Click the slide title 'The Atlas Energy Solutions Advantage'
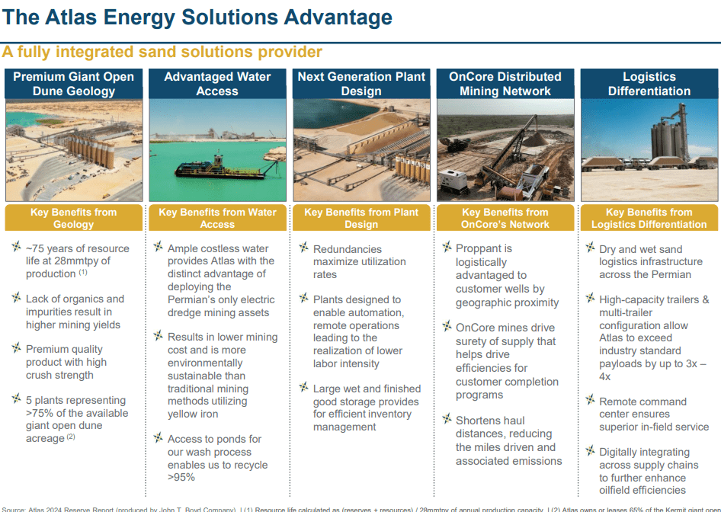coord(197,18)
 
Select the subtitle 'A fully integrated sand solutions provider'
coord(162,53)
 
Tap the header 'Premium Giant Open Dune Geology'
coord(73,84)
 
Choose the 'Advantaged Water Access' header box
coord(217,84)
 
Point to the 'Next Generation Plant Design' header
coord(361,84)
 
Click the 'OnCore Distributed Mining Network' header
coord(505,84)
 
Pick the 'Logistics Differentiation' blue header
coord(649,84)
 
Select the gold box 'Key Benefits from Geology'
coord(73,218)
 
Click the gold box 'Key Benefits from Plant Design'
coord(361,218)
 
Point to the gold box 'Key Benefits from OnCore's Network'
coord(505,218)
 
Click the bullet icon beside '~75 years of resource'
coord(16,248)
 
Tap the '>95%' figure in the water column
coord(181,478)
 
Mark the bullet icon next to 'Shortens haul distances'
coord(447,419)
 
